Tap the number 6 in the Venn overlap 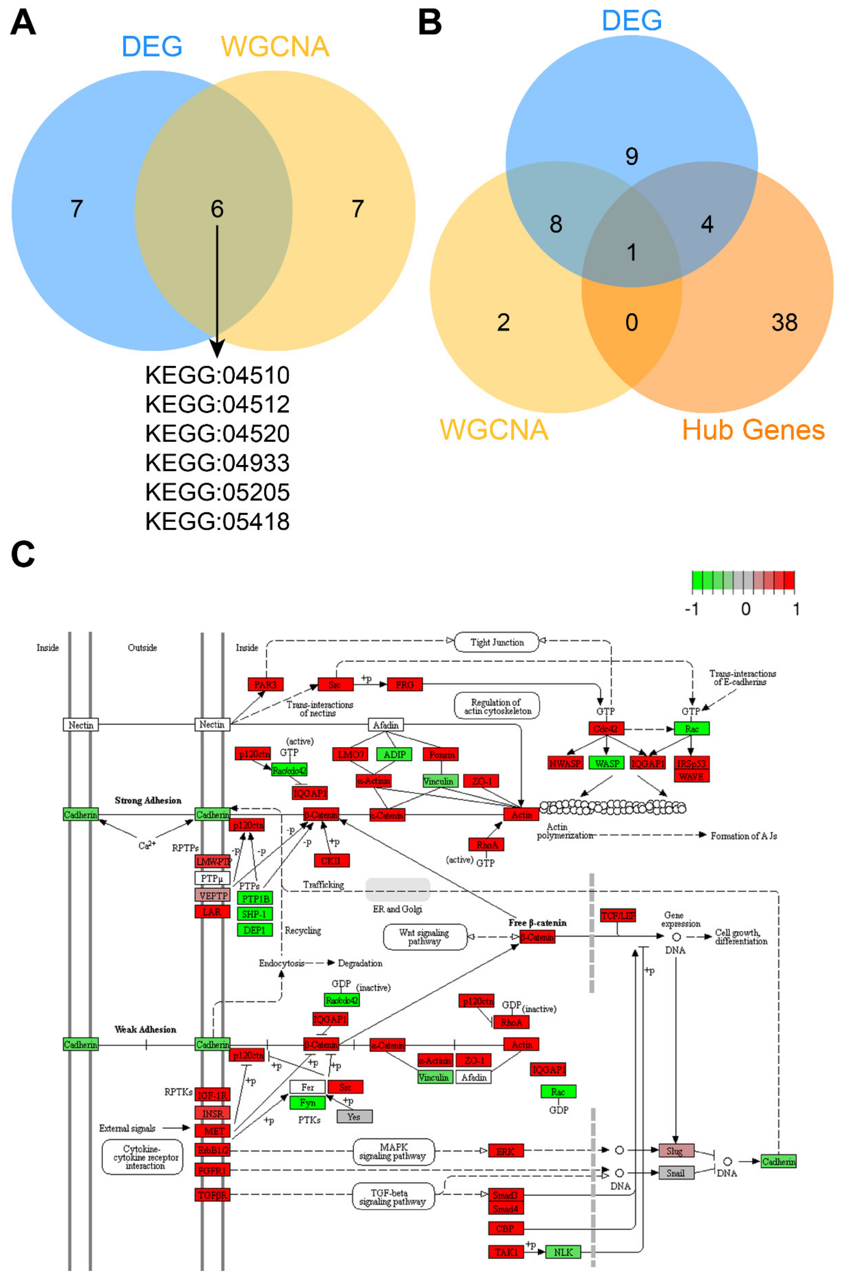217,209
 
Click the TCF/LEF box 618,915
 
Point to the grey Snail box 676,1173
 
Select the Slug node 676,1151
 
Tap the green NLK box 563,1252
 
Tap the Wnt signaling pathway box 425,937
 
